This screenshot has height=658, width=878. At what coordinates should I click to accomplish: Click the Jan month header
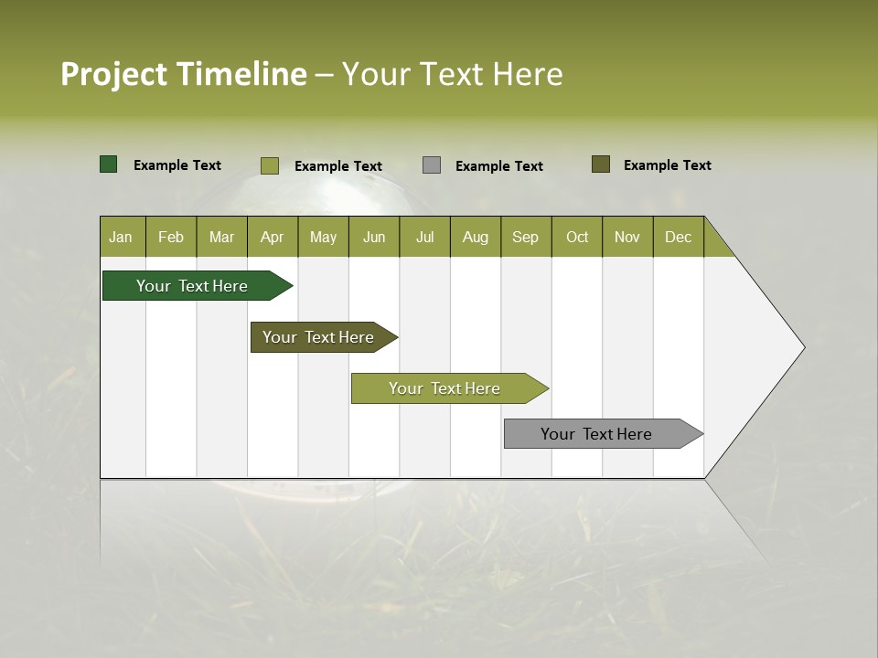click(x=121, y=237)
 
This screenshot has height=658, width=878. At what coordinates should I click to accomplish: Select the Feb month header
click(x=171, y=237)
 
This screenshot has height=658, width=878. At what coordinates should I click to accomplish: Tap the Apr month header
click(x=273, y=237)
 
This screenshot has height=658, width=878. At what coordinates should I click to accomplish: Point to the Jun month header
click(x=374, y=237)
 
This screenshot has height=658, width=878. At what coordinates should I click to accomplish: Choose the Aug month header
click(x=476, y=237)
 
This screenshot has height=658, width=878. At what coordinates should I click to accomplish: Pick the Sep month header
click(x=526, y=237)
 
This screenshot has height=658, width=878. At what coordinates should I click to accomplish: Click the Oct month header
click(x=577, y=237)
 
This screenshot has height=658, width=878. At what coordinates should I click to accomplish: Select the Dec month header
click(x=679, y=237)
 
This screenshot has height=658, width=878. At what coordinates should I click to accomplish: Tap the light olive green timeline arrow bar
click(x=445, y=388)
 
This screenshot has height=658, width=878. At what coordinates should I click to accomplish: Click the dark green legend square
click(x=109, y=164)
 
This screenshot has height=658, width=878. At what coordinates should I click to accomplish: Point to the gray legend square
click(x=432, y=165)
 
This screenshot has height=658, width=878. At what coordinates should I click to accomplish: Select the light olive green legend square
click(x=270, y=165)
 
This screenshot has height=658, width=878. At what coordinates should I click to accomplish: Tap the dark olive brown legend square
click(x=601, y=164)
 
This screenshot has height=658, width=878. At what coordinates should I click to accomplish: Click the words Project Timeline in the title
click(x=184, y=74)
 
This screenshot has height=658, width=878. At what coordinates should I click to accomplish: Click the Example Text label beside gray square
click(x=499, y=166)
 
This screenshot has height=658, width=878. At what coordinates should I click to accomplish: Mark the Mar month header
click(x=222, y=237)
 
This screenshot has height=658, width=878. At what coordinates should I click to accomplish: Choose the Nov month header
click(x=627, y=237)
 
